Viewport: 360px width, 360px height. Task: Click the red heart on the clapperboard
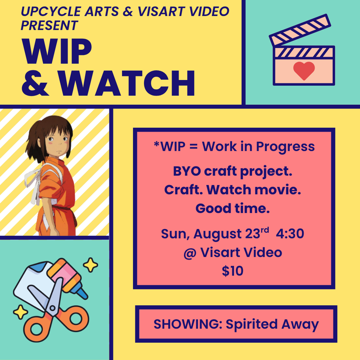click(x=304, y=71)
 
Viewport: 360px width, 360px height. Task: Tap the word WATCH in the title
click(x=127, y=83)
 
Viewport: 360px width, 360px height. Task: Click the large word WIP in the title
click(x=57, y=51)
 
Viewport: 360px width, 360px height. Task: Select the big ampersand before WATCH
click(x=35, y=83)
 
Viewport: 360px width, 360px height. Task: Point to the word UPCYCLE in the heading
click(x=51, y=12)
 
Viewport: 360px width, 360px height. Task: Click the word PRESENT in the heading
click(x=49, y=25)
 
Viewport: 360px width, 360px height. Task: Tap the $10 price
click(x=233, y=271)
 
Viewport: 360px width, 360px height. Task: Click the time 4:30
click(x=290, y=234)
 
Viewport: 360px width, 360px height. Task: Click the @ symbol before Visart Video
click(x=190, y=253)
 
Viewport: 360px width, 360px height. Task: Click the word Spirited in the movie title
click(x=252, y=324)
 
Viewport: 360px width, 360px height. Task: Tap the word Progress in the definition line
click(x=285, y=147)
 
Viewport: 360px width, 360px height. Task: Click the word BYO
click(x=187, y=171)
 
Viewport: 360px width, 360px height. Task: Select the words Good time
click(x=233, y=208)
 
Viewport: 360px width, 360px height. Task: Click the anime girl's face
click(x=58, y=142)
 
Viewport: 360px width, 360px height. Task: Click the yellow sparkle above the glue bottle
click(x=90, y=265)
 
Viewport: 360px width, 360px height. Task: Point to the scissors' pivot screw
click(x=52, y=308)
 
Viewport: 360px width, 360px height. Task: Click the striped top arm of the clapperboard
click(x=300, y=30)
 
